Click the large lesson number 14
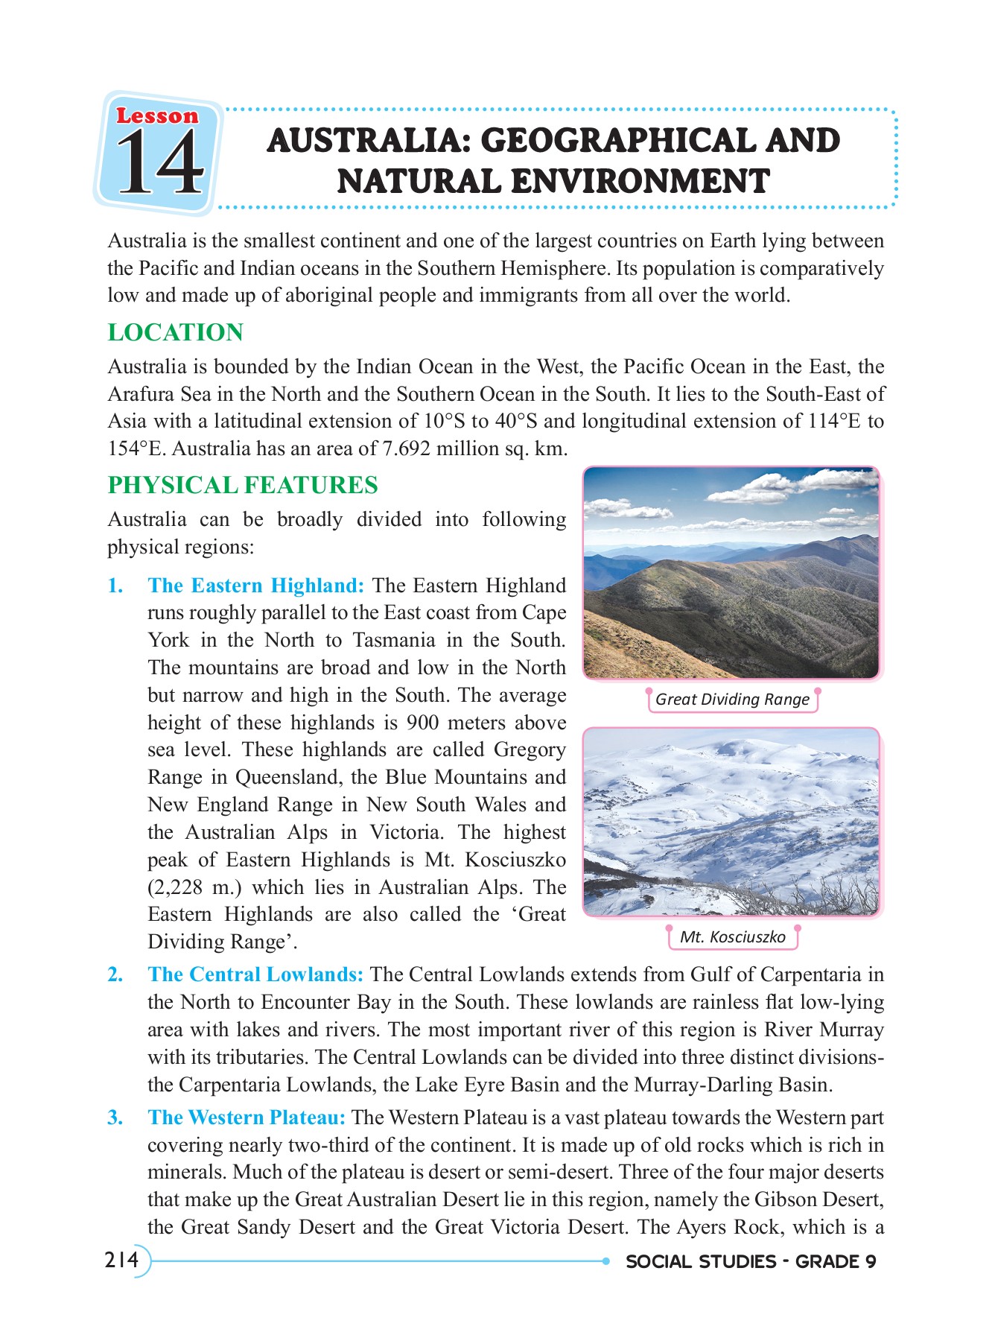(x=159, y=163)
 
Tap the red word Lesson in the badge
(x=157, y=116)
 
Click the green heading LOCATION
(x=175, y=332)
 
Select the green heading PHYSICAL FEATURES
(x=243, y=485)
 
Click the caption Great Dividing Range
(x=732, y=700)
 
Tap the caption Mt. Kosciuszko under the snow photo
(x=732, y=937)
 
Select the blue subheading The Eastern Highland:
(x=255, y=586)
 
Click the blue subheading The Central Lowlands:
(x=255, y=974)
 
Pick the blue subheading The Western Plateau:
(x=247, y=1117)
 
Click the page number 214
(x=122, y=1260)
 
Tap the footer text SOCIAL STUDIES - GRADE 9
(x=751, y=1261)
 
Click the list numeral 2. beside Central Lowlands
(x=115, y=974)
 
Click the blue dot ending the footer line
(x=606, y=1261)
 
